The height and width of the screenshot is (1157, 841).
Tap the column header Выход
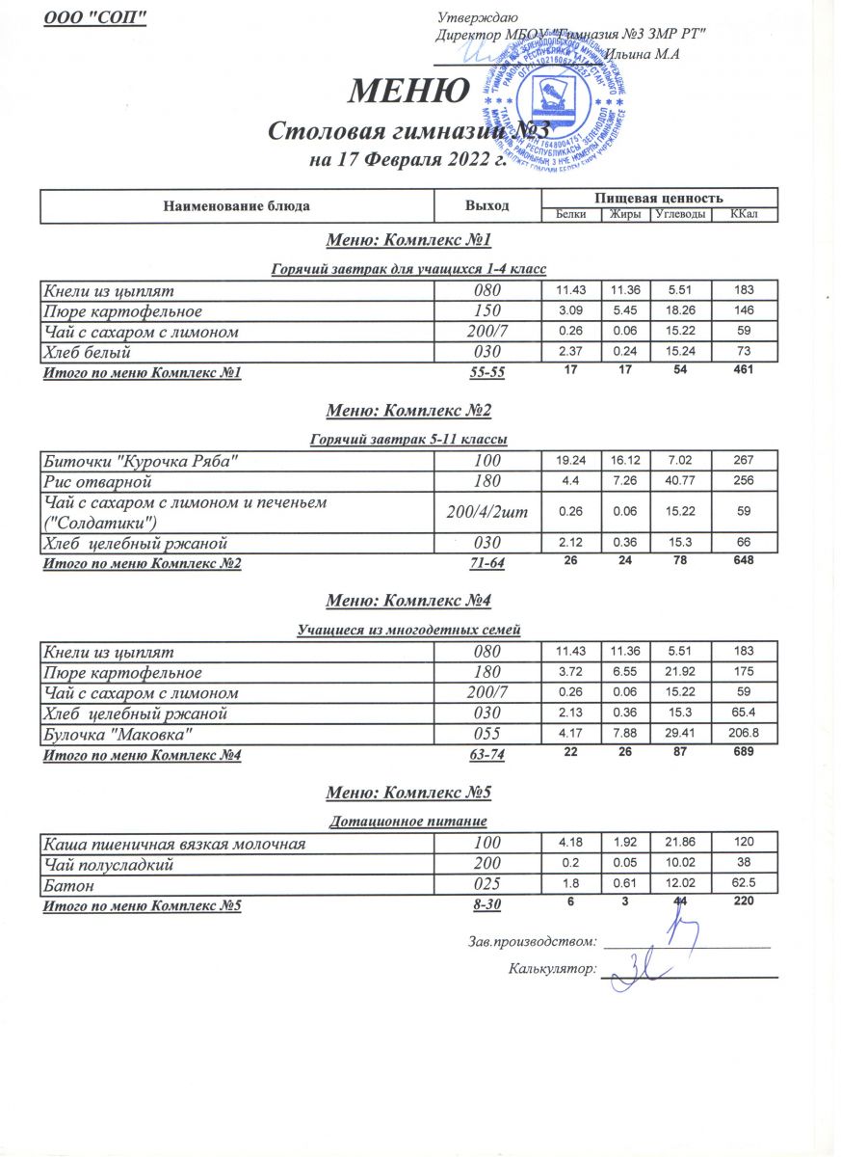click(x=486, y=204)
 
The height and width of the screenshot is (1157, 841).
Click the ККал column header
click(x=742, y=214)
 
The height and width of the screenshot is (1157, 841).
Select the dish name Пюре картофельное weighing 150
click(x=121, y=311)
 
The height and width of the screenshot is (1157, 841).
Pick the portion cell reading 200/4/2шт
click(x=486, y=511)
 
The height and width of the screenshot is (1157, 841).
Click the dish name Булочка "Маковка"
click(x=118, y=735)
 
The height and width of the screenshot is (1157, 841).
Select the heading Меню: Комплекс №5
click(x=409, y=793)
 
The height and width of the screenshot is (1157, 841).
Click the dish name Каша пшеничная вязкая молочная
click(x=174, y=845)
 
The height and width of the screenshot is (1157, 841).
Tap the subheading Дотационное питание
click(x=409, y=821)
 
